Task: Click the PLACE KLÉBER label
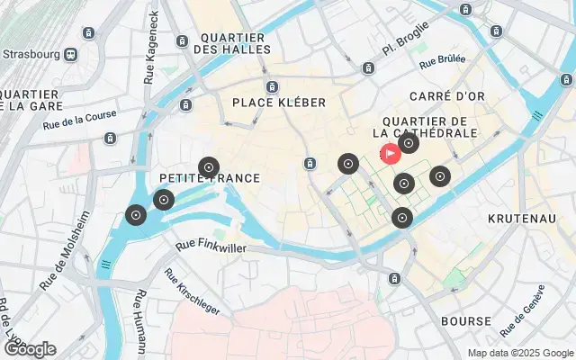point(278,103)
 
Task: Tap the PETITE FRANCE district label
point(209,178)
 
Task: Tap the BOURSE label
point(465,321)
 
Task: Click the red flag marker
point(391,154)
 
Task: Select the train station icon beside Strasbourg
point(68,53)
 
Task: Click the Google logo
point(30,349)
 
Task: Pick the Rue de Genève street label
point(523,306)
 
